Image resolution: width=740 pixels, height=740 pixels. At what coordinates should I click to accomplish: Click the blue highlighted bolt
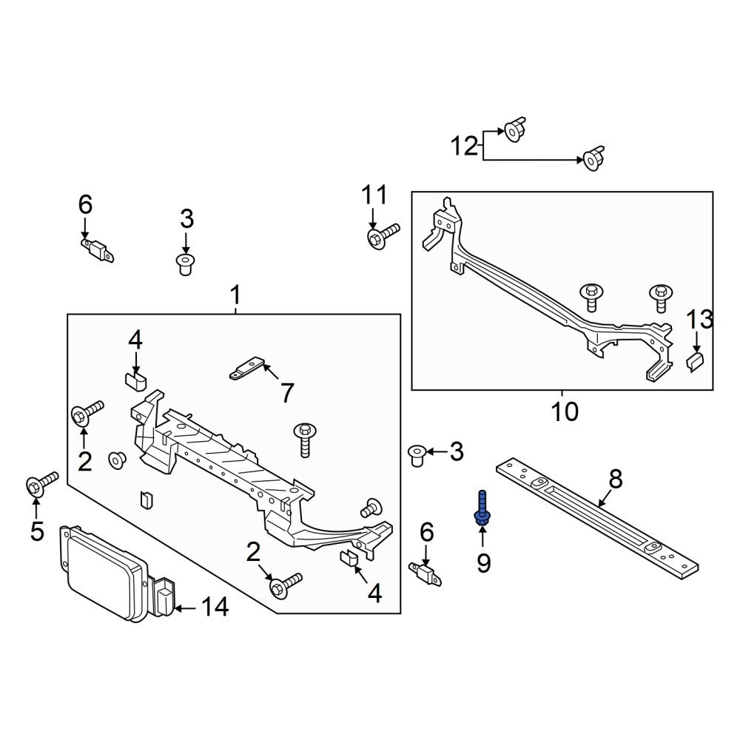[x=482, y=511]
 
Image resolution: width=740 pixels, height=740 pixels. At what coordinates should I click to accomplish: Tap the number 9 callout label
[x=483, y=564]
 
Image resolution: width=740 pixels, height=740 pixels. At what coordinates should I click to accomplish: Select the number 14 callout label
[x=215, y=608]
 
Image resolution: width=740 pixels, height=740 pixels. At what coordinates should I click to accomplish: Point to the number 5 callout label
[x=37, y=531]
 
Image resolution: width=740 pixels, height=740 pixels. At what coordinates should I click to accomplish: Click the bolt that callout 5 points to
[x=41, y=482]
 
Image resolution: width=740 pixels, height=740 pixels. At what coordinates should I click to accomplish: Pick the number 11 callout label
[x=374, y=195]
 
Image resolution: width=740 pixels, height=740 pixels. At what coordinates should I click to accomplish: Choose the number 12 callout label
[x=465, y=146]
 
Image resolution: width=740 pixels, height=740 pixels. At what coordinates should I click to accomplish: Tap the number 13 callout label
[x=699, y=320]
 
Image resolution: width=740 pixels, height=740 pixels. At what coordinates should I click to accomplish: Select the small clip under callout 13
[x=696, y=363]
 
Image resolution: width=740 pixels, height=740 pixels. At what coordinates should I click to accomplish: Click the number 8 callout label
[x=616, y=479]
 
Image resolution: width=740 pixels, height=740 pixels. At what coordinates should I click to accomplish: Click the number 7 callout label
[x=286, y=392]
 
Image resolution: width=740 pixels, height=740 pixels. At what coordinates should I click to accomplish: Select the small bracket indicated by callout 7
[x=246, y=369]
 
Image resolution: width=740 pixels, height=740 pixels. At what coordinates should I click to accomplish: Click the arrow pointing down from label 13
[x=696, y=341]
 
